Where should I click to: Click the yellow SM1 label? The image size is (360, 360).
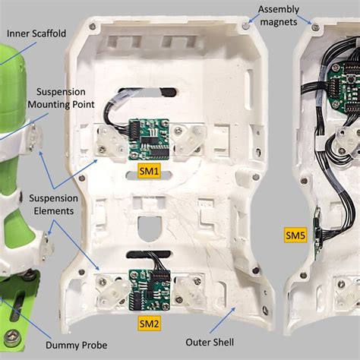(149, 172)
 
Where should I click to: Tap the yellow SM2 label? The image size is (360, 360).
(149, 324)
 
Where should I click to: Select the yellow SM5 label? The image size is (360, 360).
(295, 236)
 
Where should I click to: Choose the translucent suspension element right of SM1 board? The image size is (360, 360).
(188, 138)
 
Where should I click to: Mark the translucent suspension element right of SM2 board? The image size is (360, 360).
(190, 289)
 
